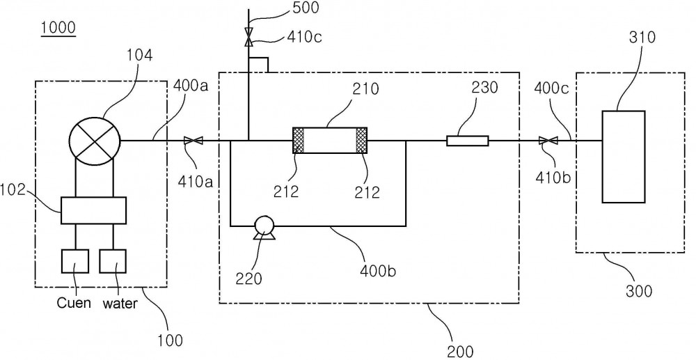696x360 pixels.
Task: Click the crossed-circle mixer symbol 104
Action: pyautogui.click(x=95, y=141)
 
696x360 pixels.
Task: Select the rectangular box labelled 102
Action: pyautogui.click(x=93, y=210)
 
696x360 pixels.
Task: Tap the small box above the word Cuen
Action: pyautogui.click(x=74, y=261)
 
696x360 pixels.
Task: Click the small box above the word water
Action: pyautogui.click(x=112, y=261)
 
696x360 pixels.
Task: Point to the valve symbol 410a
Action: pyautogui.click(x=193, y=141)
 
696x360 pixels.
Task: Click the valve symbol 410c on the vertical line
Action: pyautogui.click(x=248, y=38)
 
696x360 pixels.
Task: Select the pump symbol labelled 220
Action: pyautogui.click(x=264, y=227)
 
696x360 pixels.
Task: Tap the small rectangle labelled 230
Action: pyautogui.click(x=468, y=141)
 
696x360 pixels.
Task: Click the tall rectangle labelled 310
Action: pyautogui.click(x=623, y=157)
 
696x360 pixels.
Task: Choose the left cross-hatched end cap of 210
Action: pyautogui.click(x=299, y=140)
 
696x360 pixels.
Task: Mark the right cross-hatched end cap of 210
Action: pyautogui.click(x=362, y=140)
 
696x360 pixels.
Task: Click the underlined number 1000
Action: pyautogui.click(x=58, y=28)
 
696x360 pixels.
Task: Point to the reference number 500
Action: pyautogui.click(x=306, y=8)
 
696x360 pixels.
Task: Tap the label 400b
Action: pyautogui.click(x=377, y=270)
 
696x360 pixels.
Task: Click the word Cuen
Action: pyautogui.click(x=74, y=303)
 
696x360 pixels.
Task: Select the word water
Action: pyautogui.click(x=120, y=304)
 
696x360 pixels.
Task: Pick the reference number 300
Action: pyautogui.click(x=639, y=291)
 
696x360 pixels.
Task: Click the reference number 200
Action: pyautogui.click(x=460, y=352)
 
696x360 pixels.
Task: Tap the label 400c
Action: pyautogui.click(x=552, y=88)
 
